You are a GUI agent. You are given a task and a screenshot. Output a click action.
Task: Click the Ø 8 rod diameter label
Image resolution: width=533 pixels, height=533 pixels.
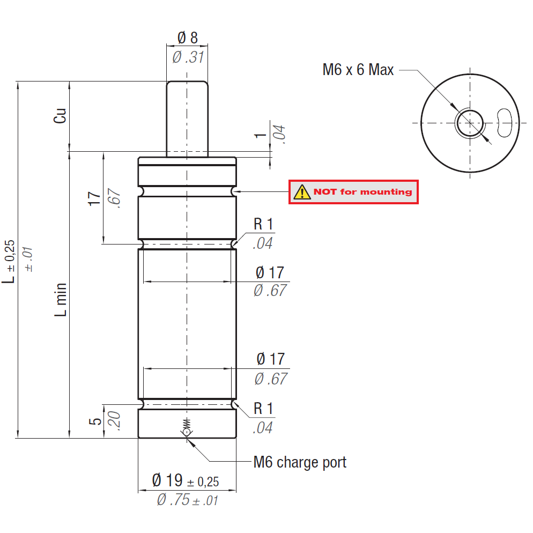187,38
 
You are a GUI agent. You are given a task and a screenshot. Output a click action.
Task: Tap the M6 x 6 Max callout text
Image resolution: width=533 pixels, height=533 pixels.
358,70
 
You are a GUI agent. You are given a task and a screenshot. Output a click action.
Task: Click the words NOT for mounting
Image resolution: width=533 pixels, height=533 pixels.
362,192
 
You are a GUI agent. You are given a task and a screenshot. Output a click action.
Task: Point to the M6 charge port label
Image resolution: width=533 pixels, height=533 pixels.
300,462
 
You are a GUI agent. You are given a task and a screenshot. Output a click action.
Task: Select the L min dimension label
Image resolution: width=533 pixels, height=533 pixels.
62,300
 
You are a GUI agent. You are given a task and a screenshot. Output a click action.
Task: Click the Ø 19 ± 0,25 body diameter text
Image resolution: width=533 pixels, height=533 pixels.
186,480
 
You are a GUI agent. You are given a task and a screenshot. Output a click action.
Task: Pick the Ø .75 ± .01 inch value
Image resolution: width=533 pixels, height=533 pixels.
188,500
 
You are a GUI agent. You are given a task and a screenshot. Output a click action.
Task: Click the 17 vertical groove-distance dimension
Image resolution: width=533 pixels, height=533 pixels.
94,198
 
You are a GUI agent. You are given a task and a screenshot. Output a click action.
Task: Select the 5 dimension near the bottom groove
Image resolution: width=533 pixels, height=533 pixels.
95,421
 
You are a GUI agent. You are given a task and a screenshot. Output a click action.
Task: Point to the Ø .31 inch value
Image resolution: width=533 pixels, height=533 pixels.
188,57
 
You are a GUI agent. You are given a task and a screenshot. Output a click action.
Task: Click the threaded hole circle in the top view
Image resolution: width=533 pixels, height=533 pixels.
470,123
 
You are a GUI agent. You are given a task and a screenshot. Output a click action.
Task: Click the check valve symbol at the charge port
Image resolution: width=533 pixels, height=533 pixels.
187,428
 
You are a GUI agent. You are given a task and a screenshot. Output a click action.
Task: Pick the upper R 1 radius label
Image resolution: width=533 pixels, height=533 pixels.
263,225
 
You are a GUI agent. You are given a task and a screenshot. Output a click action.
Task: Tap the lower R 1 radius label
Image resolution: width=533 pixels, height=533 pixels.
263,409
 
